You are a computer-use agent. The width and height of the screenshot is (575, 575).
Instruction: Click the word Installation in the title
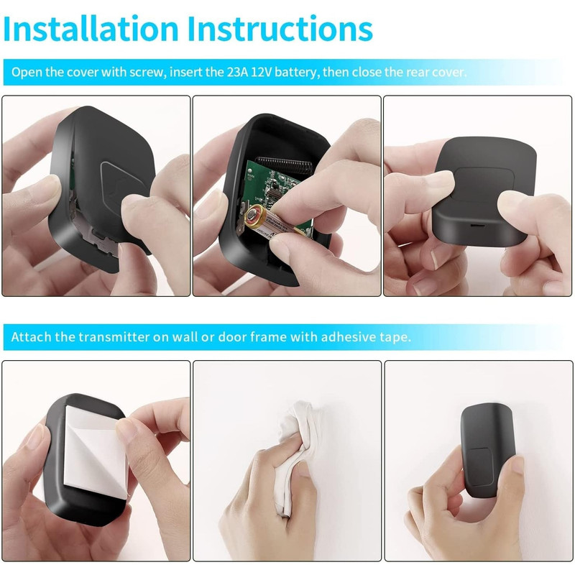pyautogui.click(x=91, y=29)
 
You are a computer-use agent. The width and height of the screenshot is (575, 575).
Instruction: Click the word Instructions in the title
pyautogui.click(x=280, y=29)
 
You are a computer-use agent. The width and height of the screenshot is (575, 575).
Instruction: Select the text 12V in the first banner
pyautogui.click(x=261, y=72)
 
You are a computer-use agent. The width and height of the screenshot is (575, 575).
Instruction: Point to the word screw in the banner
pyautogui.click(x=147, y=73)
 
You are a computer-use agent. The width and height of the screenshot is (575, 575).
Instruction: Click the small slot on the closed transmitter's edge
pyautogui.click(x=477, y=225)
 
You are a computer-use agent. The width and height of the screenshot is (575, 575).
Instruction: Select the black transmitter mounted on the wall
pyautogui.click(x=487, y=450)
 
